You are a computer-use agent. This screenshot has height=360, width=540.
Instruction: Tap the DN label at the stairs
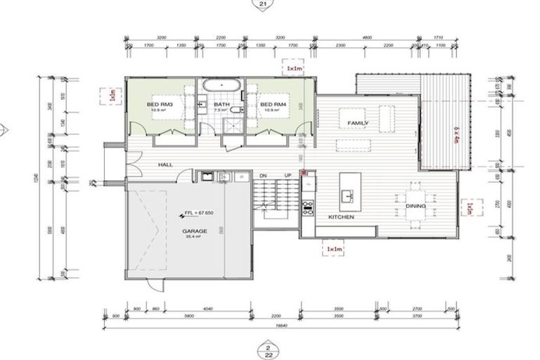(263, 175)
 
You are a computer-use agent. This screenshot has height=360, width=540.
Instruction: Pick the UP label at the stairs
(288, 175)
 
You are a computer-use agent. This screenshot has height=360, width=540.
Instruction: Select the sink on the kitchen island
(346, 193)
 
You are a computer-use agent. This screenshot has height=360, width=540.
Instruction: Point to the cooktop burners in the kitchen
(307, 207)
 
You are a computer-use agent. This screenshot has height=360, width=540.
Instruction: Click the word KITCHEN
(341, 217)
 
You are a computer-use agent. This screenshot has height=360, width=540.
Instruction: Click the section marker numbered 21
(264, 4)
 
